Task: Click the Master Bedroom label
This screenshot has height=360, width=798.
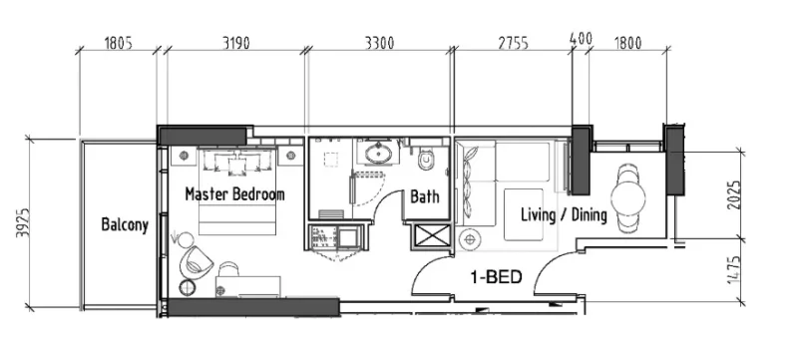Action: click(234, 194)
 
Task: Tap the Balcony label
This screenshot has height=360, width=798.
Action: click(125, 224)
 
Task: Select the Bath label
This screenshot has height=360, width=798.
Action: click(426, 197)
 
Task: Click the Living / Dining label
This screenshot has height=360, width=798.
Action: click(564, 215)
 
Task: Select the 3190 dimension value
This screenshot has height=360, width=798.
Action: click(236, 43)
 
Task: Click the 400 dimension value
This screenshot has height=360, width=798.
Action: click(580, 38)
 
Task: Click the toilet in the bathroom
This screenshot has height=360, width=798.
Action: click(428, 158)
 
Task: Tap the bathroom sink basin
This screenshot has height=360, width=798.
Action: click(378, 155)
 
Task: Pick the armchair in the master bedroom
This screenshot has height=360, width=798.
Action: click(196, 261)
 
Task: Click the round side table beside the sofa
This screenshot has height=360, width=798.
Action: click(470, 239)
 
